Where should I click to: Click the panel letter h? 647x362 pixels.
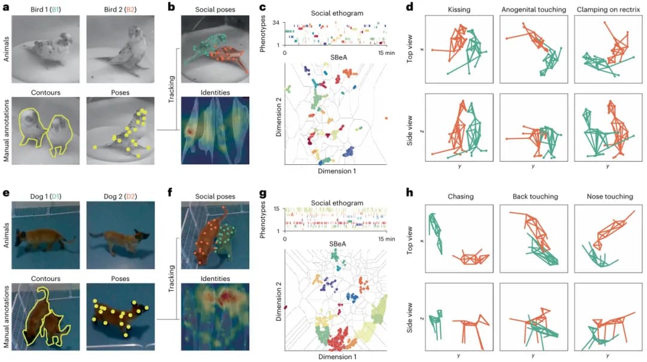click(409, 194)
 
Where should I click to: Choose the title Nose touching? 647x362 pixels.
click(606, 196)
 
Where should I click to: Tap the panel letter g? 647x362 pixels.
click(261, 194)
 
